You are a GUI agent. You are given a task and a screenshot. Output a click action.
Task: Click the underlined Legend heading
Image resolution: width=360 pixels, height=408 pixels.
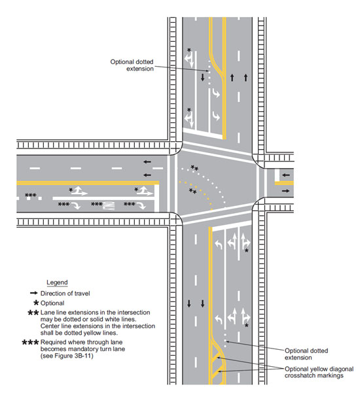click(57, 282)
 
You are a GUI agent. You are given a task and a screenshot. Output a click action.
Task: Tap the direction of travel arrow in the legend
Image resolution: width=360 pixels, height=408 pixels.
click(34, 293)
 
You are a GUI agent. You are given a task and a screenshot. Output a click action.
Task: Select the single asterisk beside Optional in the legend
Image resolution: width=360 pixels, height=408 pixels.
click(36, 303)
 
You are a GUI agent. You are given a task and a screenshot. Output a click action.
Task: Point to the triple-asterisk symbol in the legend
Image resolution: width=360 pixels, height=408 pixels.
click(30, 342)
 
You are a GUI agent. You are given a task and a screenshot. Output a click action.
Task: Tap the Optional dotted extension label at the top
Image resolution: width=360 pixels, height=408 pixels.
click(132, 65)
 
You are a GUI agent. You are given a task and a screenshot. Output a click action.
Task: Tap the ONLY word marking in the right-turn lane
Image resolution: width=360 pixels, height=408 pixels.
click(108, 205)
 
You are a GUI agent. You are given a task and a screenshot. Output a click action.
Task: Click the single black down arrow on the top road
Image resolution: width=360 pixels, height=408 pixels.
click(203, 77)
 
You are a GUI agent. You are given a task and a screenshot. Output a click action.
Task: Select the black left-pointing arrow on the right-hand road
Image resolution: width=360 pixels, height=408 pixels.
click(286, 175)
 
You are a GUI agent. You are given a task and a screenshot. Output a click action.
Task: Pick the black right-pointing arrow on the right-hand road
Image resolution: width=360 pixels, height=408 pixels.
click(286, 191)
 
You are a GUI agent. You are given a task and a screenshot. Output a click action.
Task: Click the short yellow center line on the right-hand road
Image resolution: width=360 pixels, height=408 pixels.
click(284, 183)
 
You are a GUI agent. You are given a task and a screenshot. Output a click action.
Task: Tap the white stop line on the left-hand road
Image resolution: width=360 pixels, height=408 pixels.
click(156, 197)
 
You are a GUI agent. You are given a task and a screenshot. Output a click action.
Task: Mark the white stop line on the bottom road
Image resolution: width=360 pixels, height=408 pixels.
click(232, 226)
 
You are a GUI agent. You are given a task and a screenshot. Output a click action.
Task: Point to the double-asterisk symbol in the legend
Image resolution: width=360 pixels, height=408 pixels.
click(33, 313)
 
